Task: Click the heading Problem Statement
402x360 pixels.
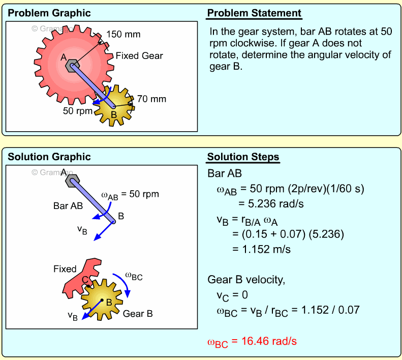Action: (254, 13)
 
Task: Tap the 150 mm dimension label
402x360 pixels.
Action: (123, 35)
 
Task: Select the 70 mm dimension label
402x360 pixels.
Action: (151, 99)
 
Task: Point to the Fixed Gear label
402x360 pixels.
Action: (139, 55)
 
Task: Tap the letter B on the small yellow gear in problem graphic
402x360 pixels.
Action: (113, 115)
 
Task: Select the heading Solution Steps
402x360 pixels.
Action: (243, 157)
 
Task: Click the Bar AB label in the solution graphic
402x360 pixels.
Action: (68, 206)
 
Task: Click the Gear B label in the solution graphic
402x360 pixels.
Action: (138, 314)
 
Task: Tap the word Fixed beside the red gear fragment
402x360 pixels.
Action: (65, 269)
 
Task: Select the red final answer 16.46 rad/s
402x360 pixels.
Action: (252, 342)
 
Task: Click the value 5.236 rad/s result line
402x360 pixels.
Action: (264, 204)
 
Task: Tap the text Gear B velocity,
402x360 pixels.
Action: (242, 279)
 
